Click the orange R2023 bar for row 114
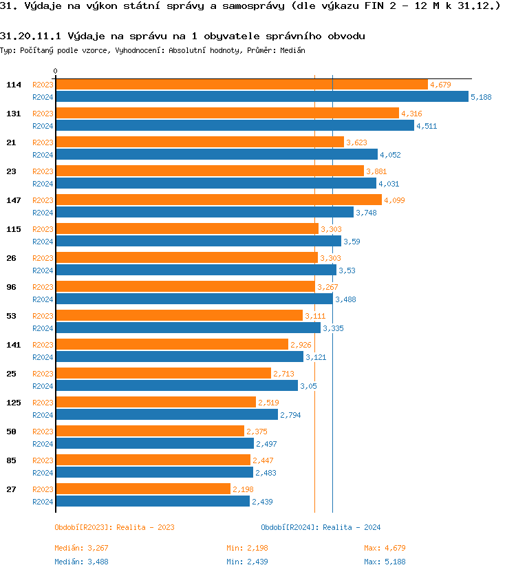(241, 85)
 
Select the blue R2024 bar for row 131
(235, 125)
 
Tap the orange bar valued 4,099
(218, 200)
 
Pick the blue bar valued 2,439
(152, 501)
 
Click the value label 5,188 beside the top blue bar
(481, 97)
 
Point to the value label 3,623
(356, 142)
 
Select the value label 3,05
(308, 386)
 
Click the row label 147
(14, 200)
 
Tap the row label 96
(11, 287)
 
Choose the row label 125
(14, 403)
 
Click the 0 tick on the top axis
(56, 72)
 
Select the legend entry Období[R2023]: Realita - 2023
(114, 527)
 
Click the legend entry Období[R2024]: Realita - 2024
(321, 527)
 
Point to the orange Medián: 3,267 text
(81, 548)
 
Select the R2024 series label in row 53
(43, 328)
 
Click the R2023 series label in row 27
(43, 489)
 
